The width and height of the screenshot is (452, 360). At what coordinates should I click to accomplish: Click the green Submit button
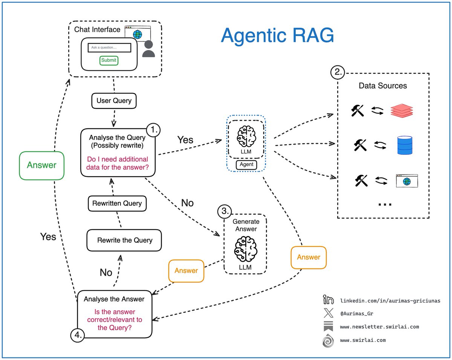[109, 60]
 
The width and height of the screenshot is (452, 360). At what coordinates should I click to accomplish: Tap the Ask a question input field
[109, 48]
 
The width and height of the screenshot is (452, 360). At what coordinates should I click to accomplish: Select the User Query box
[114, 101]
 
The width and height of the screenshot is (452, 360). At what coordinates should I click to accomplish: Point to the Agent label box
[247, 165]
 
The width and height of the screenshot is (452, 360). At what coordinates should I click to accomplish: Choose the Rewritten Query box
[117, 203]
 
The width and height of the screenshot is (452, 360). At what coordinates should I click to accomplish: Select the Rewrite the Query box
[125, 240]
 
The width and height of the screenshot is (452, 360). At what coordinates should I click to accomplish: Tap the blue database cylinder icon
[405, 146]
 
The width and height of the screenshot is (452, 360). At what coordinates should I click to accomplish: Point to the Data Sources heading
[383, 85]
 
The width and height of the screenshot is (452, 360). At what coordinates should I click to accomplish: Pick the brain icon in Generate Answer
[246, 249]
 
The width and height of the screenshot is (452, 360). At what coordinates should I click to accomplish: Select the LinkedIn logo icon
[328, 301]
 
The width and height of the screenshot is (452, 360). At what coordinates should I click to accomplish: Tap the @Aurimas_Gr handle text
[356, 314]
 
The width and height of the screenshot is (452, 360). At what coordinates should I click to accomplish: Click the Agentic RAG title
[277, 36]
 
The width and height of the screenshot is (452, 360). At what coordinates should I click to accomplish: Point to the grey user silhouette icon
[148, 49]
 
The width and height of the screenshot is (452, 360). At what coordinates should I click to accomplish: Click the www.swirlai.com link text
[363, 340]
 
